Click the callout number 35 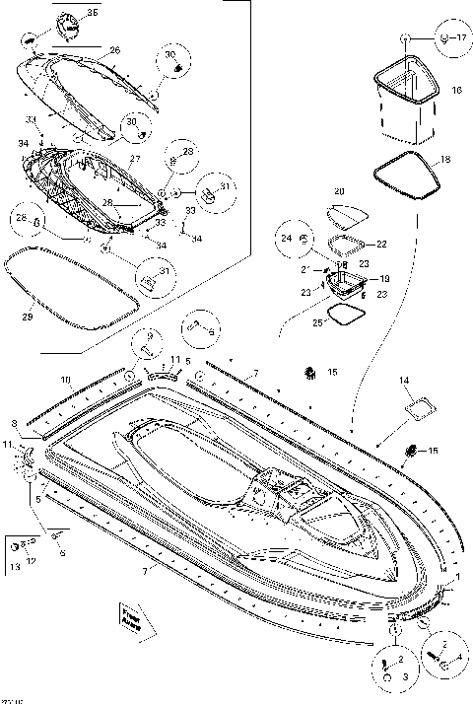(93, 12)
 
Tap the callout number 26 (114, 49)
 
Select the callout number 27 (136, 158)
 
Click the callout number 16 (456, 90)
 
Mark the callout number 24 (286, 238)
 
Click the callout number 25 (315, 321)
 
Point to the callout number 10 (65, 379)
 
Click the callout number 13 (15, 569)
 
